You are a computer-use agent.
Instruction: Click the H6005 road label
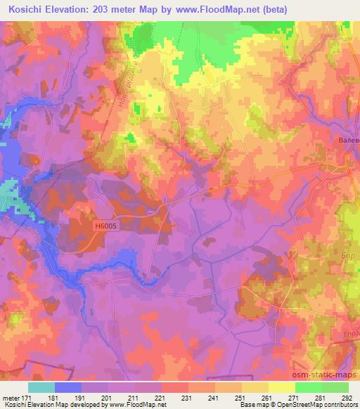[105, 226]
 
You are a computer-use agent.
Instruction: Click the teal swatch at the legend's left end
[41, 387]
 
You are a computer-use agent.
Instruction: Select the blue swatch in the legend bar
[68, 387]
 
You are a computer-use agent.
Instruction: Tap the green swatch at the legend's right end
[335, 387]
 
